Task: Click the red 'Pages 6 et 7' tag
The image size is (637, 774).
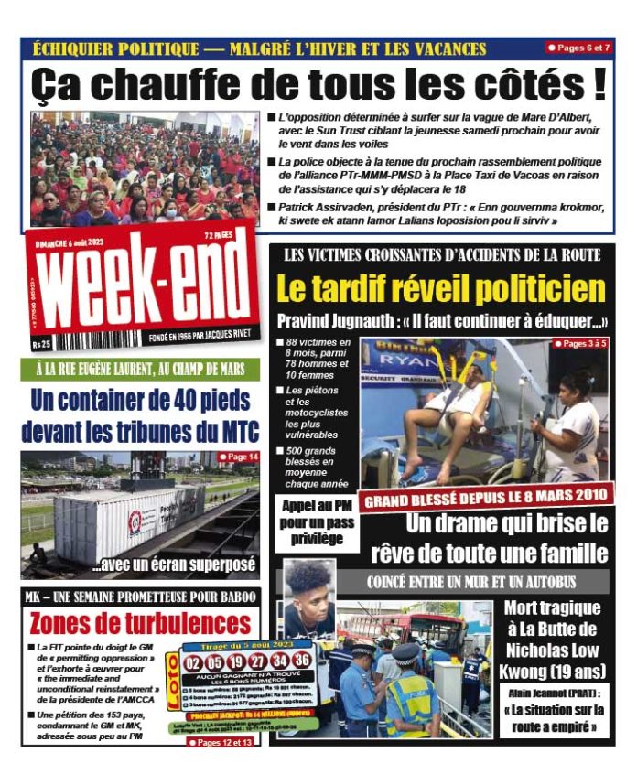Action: [578, 47]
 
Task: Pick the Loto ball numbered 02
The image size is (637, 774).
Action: [193, 661]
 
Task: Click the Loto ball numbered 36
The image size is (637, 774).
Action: [302, 660]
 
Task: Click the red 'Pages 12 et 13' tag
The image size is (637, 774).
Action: [221, 742]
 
